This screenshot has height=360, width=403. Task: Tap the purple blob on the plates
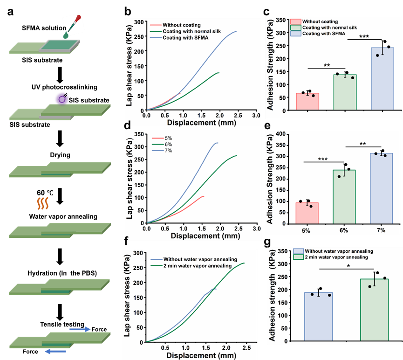pyautogui.click(x=61, y=97)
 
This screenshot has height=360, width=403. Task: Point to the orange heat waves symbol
pyautogui.click(x=43, y=204)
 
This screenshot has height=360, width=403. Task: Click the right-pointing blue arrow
pyautogui.click(x=80, y=329)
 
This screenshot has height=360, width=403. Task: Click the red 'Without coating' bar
pyautogui.click(x=307, y=101)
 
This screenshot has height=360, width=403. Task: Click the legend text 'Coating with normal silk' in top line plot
pyautogui.click(x=191, y=31)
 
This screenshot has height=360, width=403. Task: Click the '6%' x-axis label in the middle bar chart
pyautogui.click(x=344, y=230)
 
